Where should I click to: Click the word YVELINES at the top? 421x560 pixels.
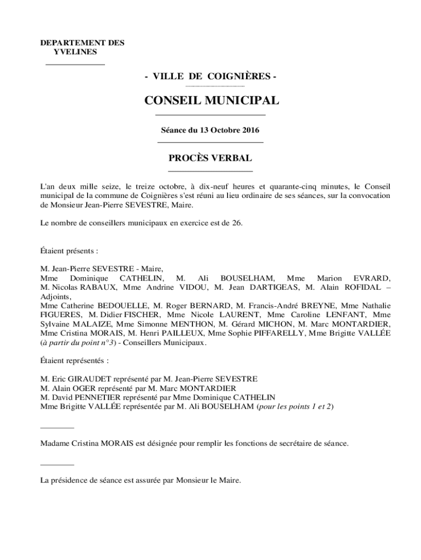tap(75, 51)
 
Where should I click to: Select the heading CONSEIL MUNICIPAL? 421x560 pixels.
tap(211, 101)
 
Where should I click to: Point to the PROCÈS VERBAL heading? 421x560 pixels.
tap(210, 158)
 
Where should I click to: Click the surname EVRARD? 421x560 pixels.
tap(372, 278)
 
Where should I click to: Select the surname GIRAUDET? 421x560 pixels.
tap(83, 378)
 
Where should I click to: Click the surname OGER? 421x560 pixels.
tap(83, 388)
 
